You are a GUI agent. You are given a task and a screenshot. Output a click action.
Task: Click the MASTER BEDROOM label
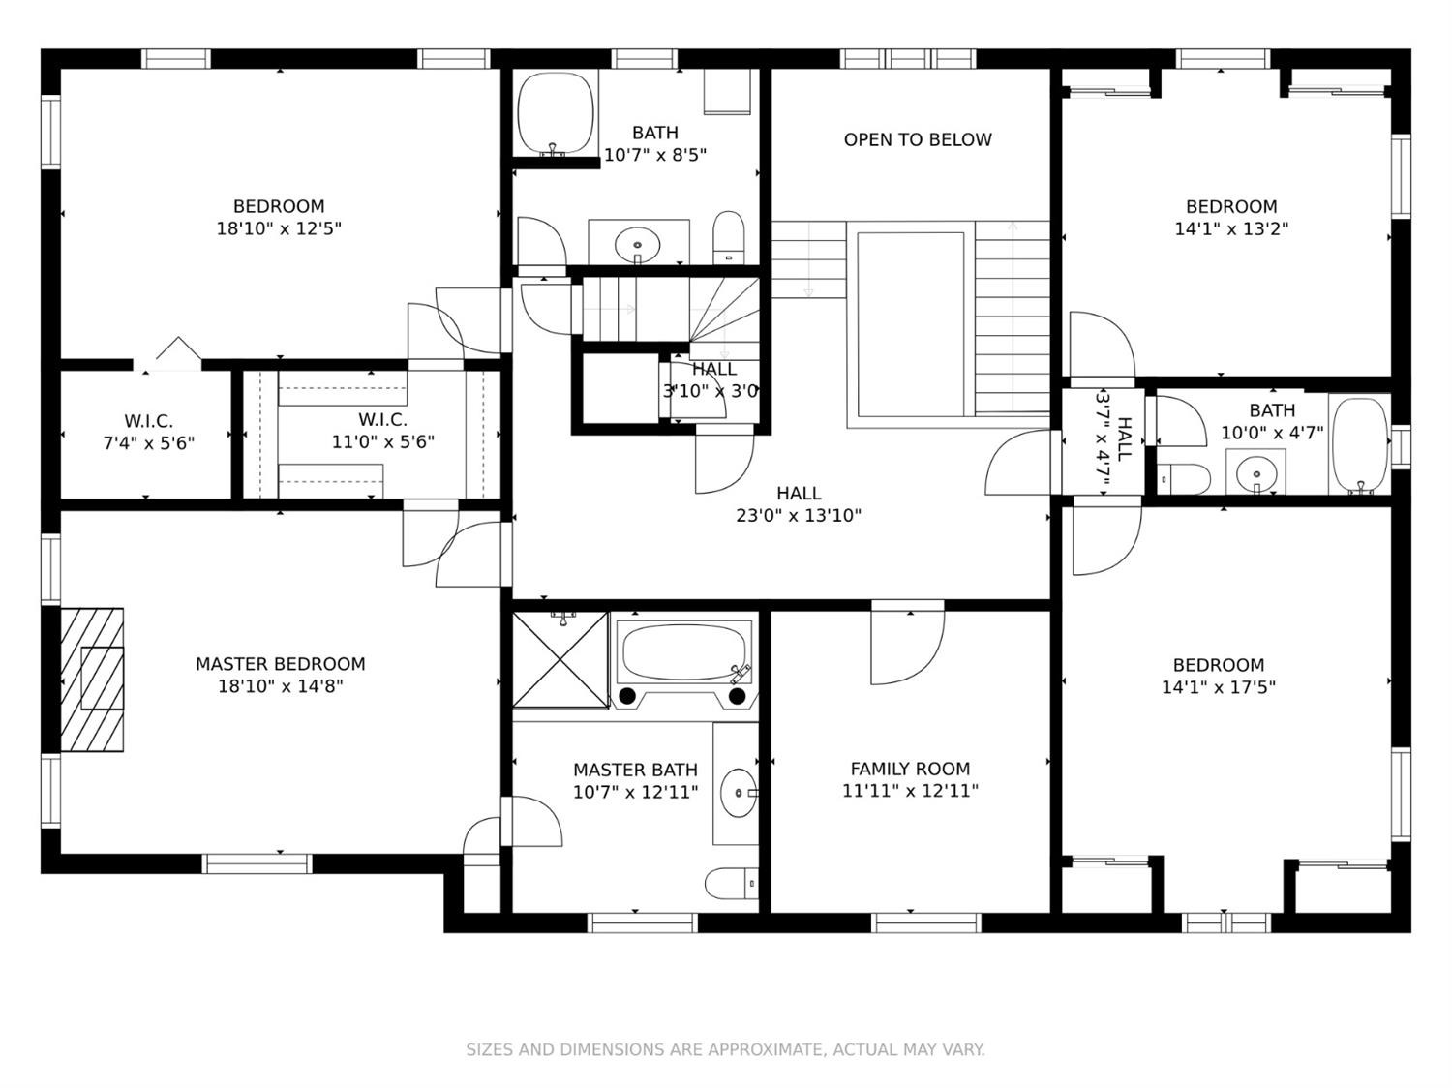280,663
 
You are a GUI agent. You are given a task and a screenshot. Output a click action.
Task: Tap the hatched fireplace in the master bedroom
92,680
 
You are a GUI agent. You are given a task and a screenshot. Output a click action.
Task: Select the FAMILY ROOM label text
910,769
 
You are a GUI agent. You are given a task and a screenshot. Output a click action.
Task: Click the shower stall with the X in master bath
560,659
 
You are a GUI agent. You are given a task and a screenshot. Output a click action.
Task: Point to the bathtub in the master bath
684,653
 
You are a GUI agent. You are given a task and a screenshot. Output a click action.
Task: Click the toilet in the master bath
731,883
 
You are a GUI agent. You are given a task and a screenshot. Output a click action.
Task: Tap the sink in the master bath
739,793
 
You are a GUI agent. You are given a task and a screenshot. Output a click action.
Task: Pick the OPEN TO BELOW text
918,139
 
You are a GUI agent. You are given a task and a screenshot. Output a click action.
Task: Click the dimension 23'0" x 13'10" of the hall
799,515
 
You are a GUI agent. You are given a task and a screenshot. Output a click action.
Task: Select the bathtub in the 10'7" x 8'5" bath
556,113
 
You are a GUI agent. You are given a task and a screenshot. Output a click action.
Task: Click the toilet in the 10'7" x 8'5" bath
728,237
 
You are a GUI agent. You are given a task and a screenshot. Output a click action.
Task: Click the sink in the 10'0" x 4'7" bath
1255,473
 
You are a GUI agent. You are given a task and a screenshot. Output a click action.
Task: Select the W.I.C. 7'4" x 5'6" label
148,432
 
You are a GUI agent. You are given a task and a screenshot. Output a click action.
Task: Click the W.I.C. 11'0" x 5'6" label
382,431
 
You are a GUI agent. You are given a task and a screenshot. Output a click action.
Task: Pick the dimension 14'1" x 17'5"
1219,687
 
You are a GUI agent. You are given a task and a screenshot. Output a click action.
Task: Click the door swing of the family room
908,642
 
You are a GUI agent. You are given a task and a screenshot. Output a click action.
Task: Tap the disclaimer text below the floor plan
726,1049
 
